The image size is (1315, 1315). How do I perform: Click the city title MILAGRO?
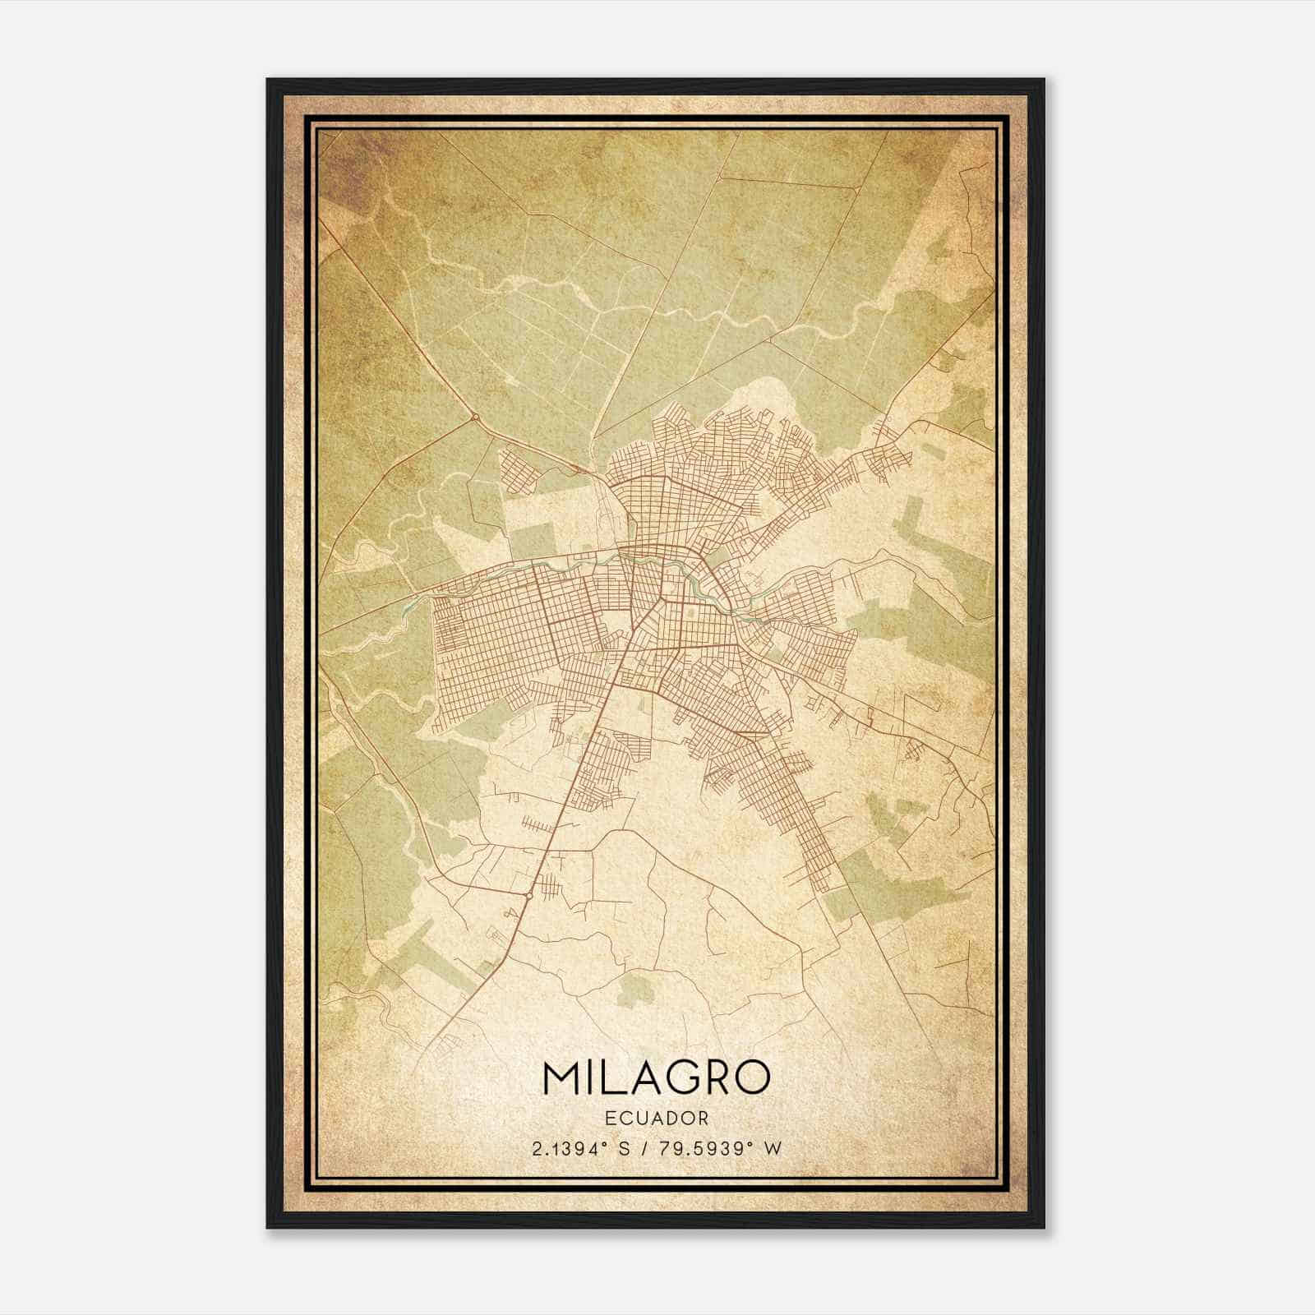click(656, 1077)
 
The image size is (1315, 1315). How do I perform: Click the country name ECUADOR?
click(656, 1119)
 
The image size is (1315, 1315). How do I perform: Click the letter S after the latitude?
click(626, 1149)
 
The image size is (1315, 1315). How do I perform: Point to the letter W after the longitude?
click(772, 1149)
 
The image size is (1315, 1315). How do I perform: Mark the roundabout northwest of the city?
click(475, 418)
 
